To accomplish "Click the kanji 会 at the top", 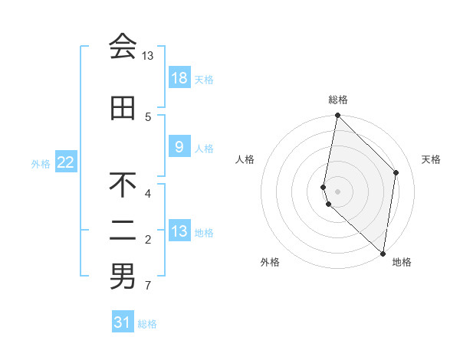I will [x=123, y=47].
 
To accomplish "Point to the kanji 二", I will [x=123, y=231].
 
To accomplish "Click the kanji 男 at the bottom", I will [x=123, y=277].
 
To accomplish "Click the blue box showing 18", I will [x=179, y=78].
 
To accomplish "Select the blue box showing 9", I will [x=179, y=147].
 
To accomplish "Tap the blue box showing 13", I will [x=179, y=231].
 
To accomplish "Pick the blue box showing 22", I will [x=66, y=162].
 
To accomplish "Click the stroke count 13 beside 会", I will [x=147, y=56].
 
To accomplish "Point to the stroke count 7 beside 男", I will [x=148, y=286].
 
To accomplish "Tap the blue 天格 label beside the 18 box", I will [x=204, y=79].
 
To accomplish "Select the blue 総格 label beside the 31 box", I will [x=147, y=324].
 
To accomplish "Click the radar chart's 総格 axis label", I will [x=338, y=100].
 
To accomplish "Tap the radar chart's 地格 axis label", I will [x=402, y=263].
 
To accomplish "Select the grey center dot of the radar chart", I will [x=338, y=190].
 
